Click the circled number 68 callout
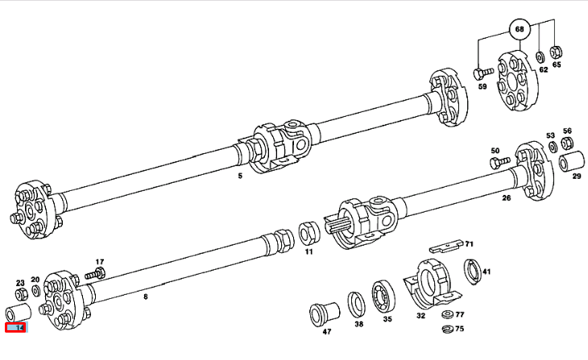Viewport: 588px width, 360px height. [x=520, y=30]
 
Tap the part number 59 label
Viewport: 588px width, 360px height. [x=482, y=87]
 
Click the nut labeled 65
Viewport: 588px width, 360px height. [x=556, y=52]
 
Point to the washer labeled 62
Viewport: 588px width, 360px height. [x=539, y=58]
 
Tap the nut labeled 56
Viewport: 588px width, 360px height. [x=567, y=143]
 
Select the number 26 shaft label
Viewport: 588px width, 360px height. [x=506, y=198]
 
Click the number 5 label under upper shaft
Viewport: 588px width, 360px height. [x=239, y=176]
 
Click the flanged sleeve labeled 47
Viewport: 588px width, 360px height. [x=324, y=312]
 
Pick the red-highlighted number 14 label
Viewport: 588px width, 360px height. [x=15, y=328]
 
